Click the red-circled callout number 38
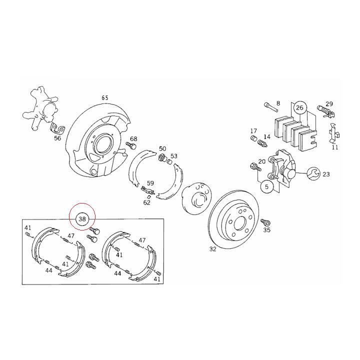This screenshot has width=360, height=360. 82,218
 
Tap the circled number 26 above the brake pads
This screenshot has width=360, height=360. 299,107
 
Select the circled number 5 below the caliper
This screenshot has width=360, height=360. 266,187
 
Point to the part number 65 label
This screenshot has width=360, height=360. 105,98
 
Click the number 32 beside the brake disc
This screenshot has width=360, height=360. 213,249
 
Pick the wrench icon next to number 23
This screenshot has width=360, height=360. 312,174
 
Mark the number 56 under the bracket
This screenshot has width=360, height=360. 57,138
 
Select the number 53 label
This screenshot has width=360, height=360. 174,156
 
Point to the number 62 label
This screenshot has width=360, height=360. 146,202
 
